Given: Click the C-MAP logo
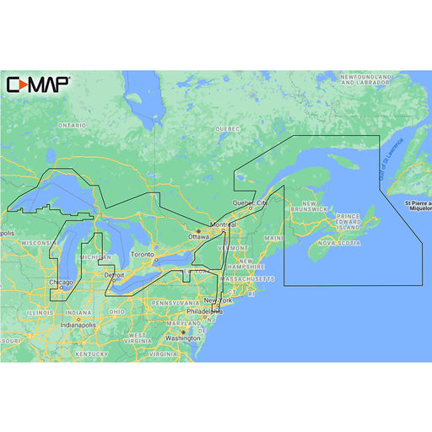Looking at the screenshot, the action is tap(38, 84).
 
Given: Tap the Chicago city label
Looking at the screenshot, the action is tap(60, 283).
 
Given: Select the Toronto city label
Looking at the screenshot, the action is tap(143, 255).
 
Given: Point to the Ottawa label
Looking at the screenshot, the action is tap(198, 237).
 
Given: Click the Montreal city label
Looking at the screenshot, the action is tap(224, 224).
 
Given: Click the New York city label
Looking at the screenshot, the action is tap(219, 300).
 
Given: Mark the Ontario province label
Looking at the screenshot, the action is tap(72, 125).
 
